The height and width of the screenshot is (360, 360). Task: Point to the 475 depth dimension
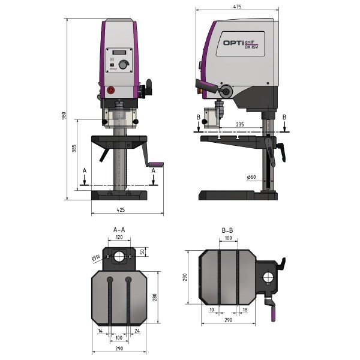[x=238, y=7]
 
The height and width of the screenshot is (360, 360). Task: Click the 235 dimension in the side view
[x=239, y=124]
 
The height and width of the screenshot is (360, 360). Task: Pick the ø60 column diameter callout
[x=251, y=177]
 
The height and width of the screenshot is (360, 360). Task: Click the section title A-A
[x=119, y=230]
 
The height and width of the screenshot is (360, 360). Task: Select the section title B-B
[x=228, y=230]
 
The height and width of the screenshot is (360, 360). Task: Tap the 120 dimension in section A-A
[x=119, y=238]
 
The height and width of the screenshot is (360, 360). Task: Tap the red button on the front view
[x=110, y=90]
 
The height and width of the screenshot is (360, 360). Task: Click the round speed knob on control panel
[x=124, y=65]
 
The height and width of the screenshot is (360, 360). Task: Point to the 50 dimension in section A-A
[x=142, y=251]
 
